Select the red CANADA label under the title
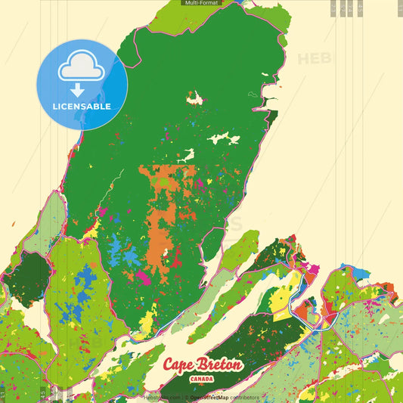coord(203,378)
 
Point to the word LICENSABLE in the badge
coord(82,107)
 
